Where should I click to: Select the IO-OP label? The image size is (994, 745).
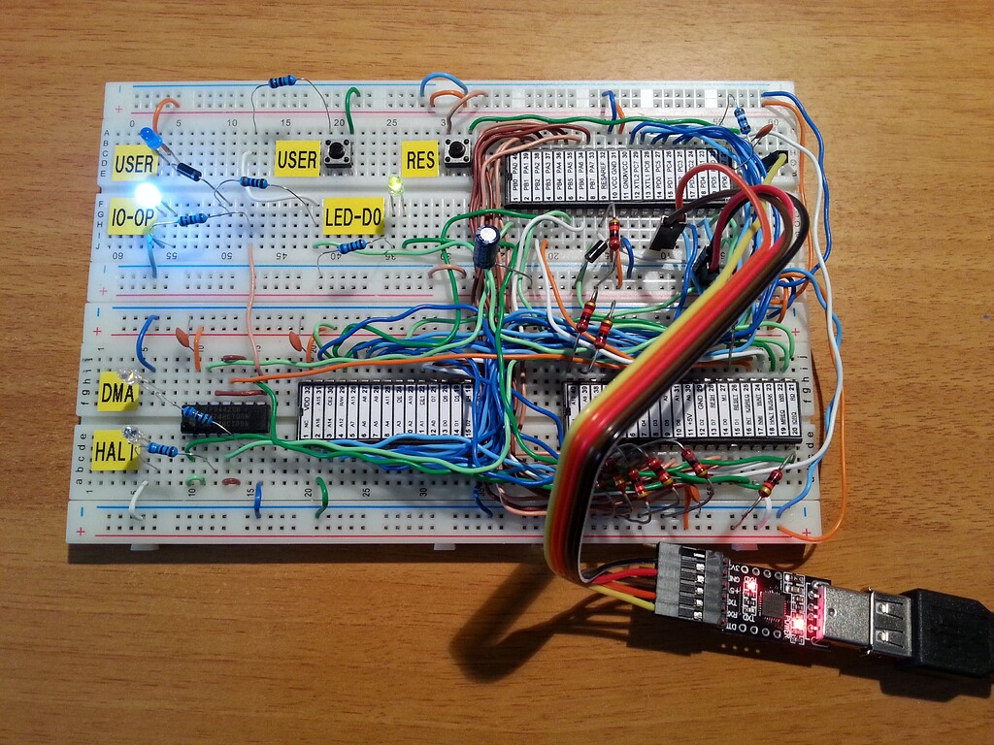coord(131,214)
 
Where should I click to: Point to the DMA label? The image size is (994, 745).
coord(118,393)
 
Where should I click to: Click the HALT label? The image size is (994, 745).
coord(115,452)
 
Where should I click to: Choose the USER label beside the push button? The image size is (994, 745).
coord(297,158)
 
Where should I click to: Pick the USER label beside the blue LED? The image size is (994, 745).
coord(134,163)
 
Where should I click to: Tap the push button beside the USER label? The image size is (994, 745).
coord(338,152)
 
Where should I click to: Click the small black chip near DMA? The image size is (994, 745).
coord(225,417)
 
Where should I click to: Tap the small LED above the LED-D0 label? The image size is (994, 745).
coord(394,184)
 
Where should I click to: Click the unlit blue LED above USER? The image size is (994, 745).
coord(149,135)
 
